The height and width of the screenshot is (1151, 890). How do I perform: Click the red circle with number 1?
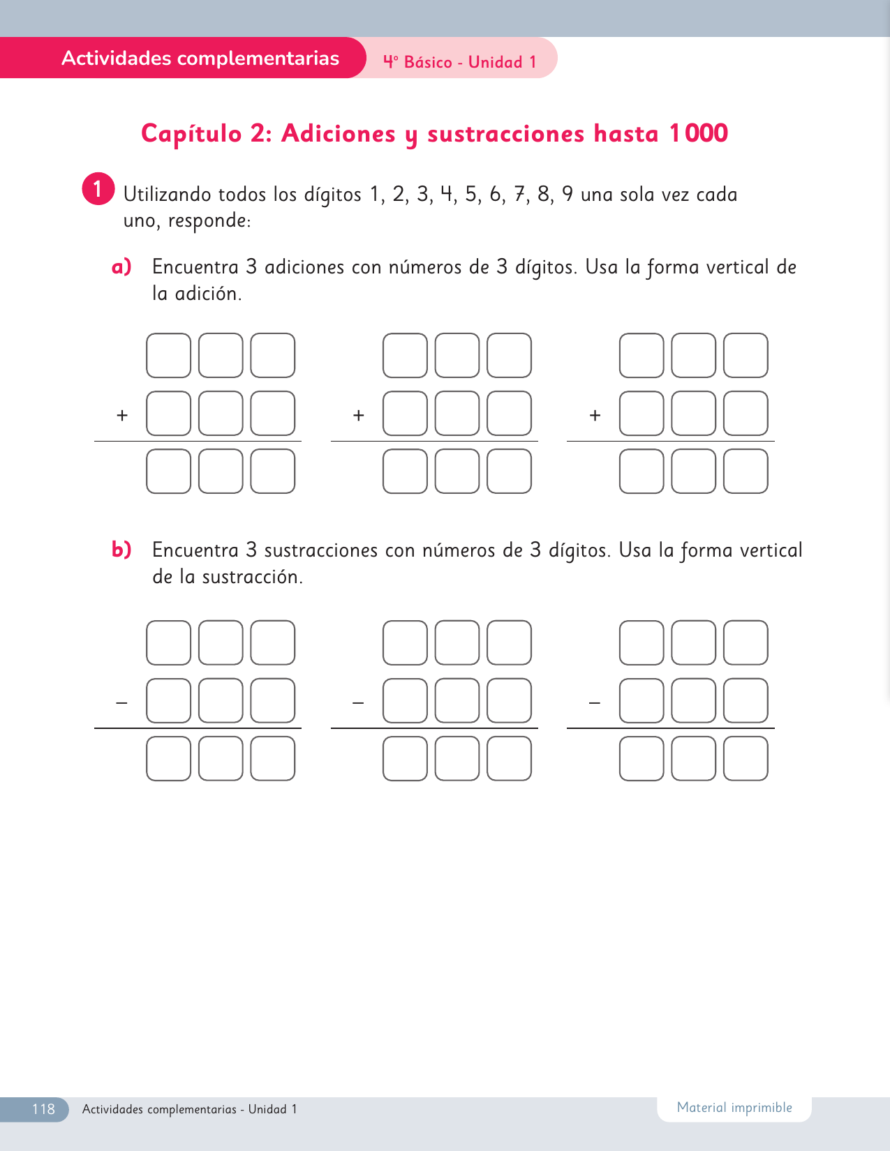[98, 189]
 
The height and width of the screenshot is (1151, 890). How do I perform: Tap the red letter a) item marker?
[121, 266]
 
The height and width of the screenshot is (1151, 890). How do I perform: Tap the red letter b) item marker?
[121, 550]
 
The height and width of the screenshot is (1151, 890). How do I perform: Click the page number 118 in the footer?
[43, 1109]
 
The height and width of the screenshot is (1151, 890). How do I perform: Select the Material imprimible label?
[734, 1108]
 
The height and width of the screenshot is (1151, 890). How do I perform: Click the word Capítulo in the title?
[191, 133]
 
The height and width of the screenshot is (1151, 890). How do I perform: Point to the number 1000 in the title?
[698, 133]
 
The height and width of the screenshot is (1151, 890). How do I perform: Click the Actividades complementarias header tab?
[200, 58]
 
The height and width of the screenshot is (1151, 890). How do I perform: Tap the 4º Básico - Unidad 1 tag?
[460, 62]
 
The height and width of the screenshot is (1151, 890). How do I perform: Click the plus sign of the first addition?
[122, 416]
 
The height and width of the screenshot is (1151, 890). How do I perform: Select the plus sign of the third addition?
[595, 416]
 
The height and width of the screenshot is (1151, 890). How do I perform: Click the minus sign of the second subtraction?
[358, 702]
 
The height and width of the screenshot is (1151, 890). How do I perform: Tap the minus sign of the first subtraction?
[122, 702]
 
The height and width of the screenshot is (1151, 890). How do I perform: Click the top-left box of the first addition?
[168, 356]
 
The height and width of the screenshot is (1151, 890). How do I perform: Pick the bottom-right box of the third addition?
[746, 471]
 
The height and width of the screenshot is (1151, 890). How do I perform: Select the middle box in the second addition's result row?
[457, 471]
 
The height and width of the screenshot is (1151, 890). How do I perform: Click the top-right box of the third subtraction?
[746, 642]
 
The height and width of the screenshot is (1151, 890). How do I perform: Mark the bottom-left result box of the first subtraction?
[168, 758]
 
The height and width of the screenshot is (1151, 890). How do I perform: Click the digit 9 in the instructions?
[568, 194]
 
